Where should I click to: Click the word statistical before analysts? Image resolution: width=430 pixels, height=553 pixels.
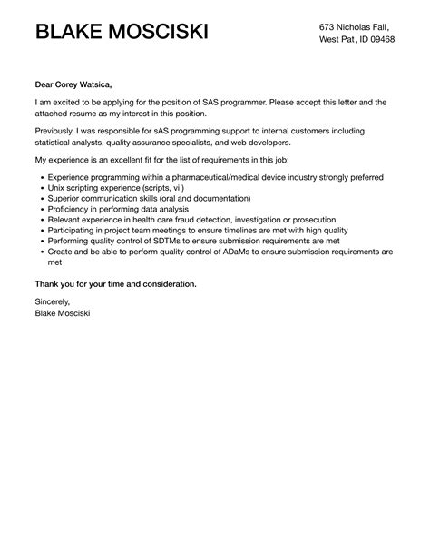point(57,143)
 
